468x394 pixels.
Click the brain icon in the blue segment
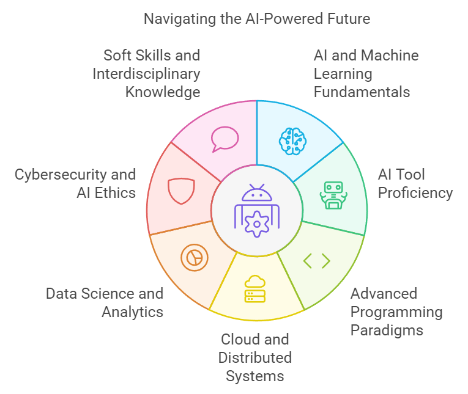point(292,140)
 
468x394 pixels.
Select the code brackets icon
point(316,261)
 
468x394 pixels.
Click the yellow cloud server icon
point(255,289)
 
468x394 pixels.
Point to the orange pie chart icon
point(195,258)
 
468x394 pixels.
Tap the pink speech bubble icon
point(225,139)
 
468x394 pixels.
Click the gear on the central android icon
point(256,224)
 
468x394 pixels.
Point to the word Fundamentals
point(361,92)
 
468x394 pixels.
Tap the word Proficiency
point(415,193)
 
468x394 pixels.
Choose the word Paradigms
point(387,330)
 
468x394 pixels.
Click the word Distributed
point(256,357)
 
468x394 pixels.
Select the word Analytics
point(133,312)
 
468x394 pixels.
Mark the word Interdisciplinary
point(146,74)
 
